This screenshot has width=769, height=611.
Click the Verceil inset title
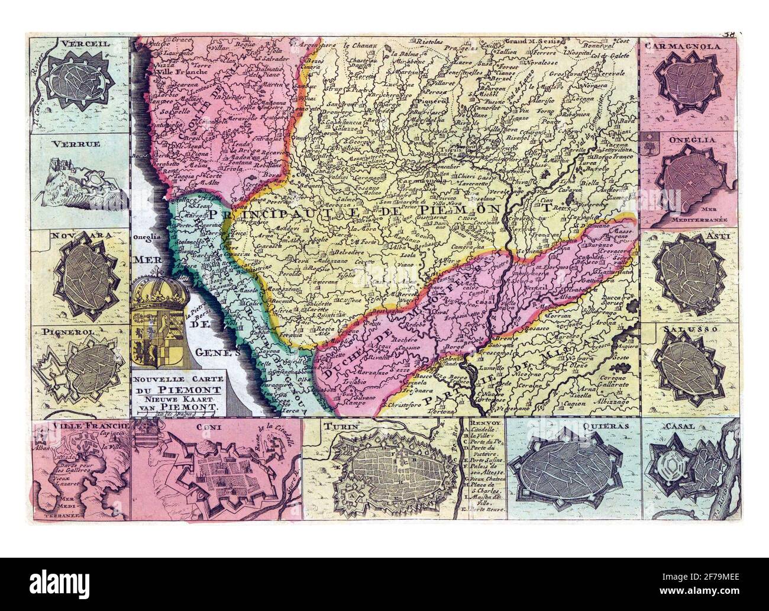(x=77, y=43)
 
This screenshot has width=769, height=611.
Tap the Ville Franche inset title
(x=80, y=427)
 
